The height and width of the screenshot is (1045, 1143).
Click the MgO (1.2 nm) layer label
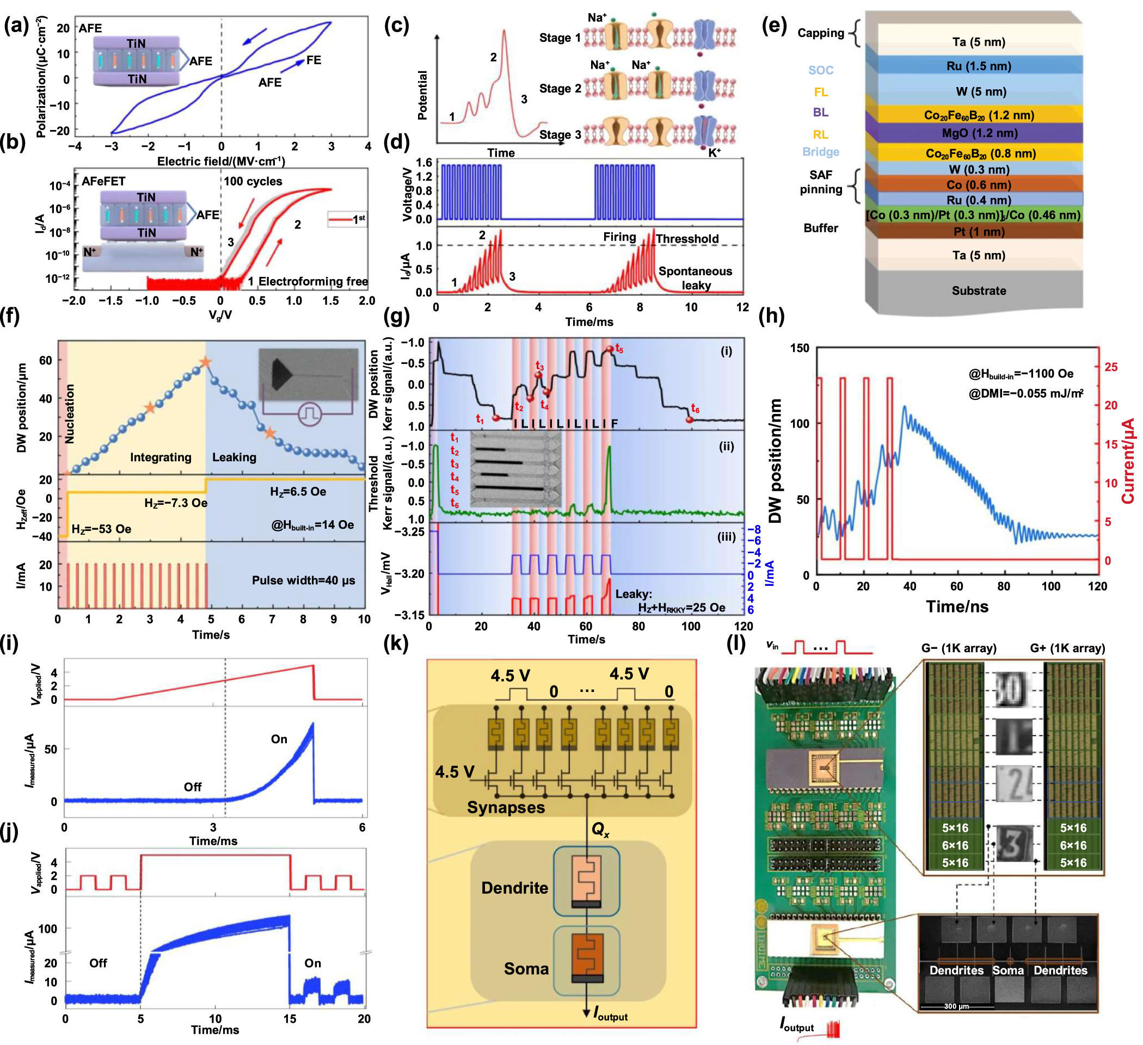tap(979, 133)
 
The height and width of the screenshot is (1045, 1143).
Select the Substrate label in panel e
tap(979, 290)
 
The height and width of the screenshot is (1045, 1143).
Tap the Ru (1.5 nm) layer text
tap(979, 66)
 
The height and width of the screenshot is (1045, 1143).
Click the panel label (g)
tap(397, 316)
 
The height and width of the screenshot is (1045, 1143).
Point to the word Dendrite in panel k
tap(514, 887)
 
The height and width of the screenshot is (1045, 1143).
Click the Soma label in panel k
tap(526, 968)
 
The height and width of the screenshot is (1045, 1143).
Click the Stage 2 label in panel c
tap(560, 89)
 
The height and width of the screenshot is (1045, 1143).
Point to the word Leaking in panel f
tap(234, 457)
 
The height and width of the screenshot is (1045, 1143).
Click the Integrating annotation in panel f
tap(161, 457)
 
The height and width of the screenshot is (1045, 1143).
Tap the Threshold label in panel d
tap(687, 239)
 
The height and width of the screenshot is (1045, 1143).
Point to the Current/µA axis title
tap(1127, 461)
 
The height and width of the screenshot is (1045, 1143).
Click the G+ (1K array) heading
tap(1067, 648)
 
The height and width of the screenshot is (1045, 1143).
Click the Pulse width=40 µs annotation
tap(303, 580)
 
